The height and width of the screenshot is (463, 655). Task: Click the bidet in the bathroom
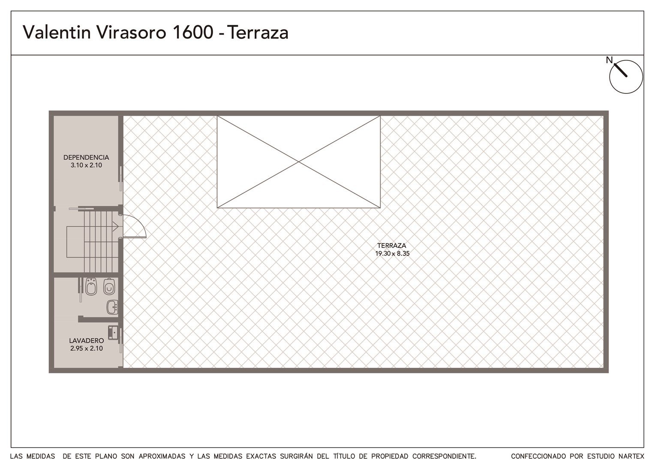point(91,286)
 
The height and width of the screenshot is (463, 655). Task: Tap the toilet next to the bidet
point(109,286)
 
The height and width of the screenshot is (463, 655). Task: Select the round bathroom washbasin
point(112,307)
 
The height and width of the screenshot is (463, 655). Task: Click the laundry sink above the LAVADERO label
point(113,333)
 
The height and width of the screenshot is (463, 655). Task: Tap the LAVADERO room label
point(87,340)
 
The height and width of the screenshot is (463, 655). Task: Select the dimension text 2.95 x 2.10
point(87,349)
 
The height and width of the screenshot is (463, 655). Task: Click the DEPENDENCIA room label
point(86,157)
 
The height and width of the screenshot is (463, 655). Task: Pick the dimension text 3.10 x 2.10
point(86,165)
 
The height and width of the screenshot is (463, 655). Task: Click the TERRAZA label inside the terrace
point(391,246)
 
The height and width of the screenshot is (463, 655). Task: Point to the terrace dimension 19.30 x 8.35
point(392,254)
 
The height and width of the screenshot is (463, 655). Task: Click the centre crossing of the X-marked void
point(298,162)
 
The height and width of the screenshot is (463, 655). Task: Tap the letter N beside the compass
point(610,60)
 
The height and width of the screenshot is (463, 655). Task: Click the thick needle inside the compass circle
point(621,70)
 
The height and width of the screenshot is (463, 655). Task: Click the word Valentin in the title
point(57,32)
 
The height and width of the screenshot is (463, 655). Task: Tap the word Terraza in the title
point(258,33)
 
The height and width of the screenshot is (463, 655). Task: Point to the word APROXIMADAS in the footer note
point(162,456)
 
